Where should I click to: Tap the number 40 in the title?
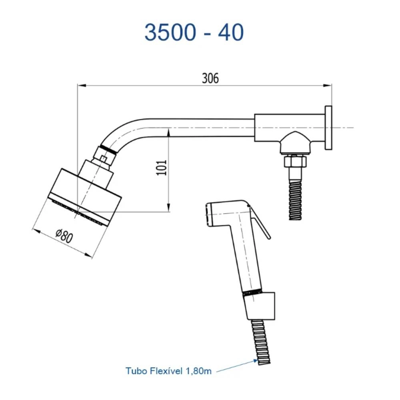(231, 33)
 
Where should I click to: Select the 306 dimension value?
(210, 78)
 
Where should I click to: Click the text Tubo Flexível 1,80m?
(168, 371)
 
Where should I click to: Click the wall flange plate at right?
(328, 128)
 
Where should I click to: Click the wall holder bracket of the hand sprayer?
(262, 306)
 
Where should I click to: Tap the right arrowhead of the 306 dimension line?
(329, 85)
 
